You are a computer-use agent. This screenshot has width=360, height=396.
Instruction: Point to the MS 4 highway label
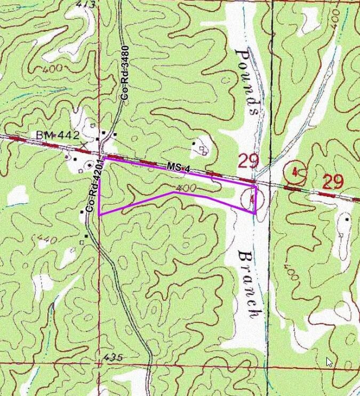[178, 168]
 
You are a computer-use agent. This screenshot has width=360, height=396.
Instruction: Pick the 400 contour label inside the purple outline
[186, 188]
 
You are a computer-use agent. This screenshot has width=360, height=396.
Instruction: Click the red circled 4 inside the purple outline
[250, 200]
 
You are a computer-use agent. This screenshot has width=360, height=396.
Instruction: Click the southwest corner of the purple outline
[100, 214]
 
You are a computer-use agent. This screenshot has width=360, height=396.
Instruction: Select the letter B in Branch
[245, 256]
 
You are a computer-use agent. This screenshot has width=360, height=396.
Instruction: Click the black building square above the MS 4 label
[194, 143]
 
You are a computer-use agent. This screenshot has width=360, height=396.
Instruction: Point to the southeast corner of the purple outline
[255, 213]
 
